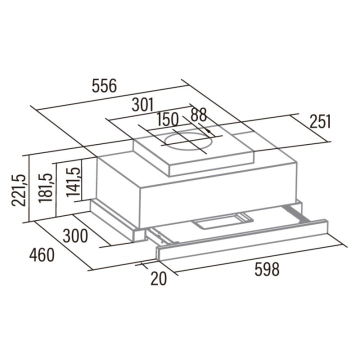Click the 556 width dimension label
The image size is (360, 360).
104,86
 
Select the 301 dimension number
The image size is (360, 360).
143,105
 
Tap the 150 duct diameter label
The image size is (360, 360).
167,119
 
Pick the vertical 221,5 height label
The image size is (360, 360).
18,190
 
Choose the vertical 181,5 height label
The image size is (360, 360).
45,187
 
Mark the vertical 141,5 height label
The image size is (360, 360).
73,181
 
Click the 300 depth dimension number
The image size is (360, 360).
75,236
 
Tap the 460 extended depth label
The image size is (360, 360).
42,255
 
